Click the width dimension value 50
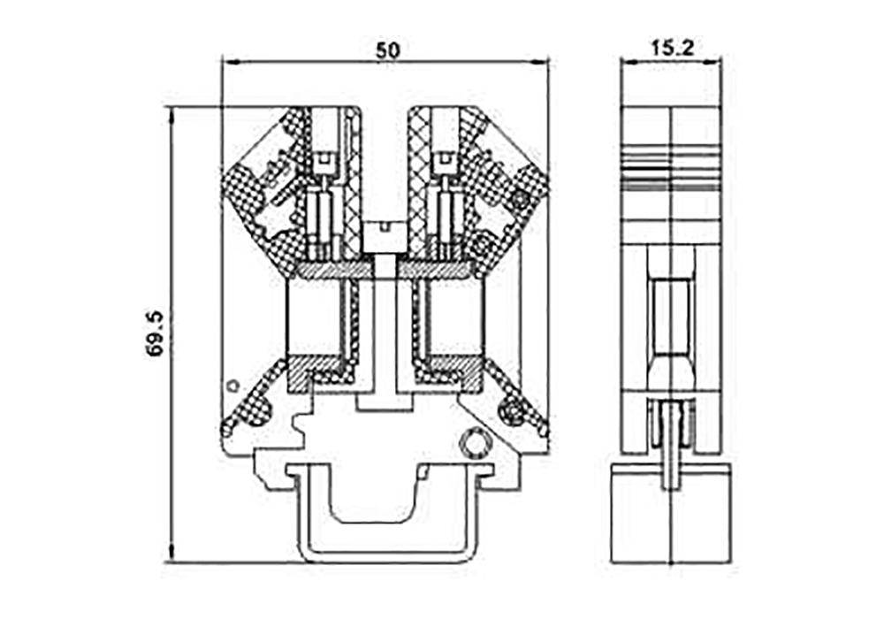click(x=388, y=50)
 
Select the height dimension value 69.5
click(x=154, y=333)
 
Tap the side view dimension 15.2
click(x=672, y=48)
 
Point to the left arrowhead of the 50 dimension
click(x=231, y=62)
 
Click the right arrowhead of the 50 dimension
click(x=541, y=62)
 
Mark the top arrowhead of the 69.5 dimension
click(x=171, y=114)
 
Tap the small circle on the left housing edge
click(x=232, y=386)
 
